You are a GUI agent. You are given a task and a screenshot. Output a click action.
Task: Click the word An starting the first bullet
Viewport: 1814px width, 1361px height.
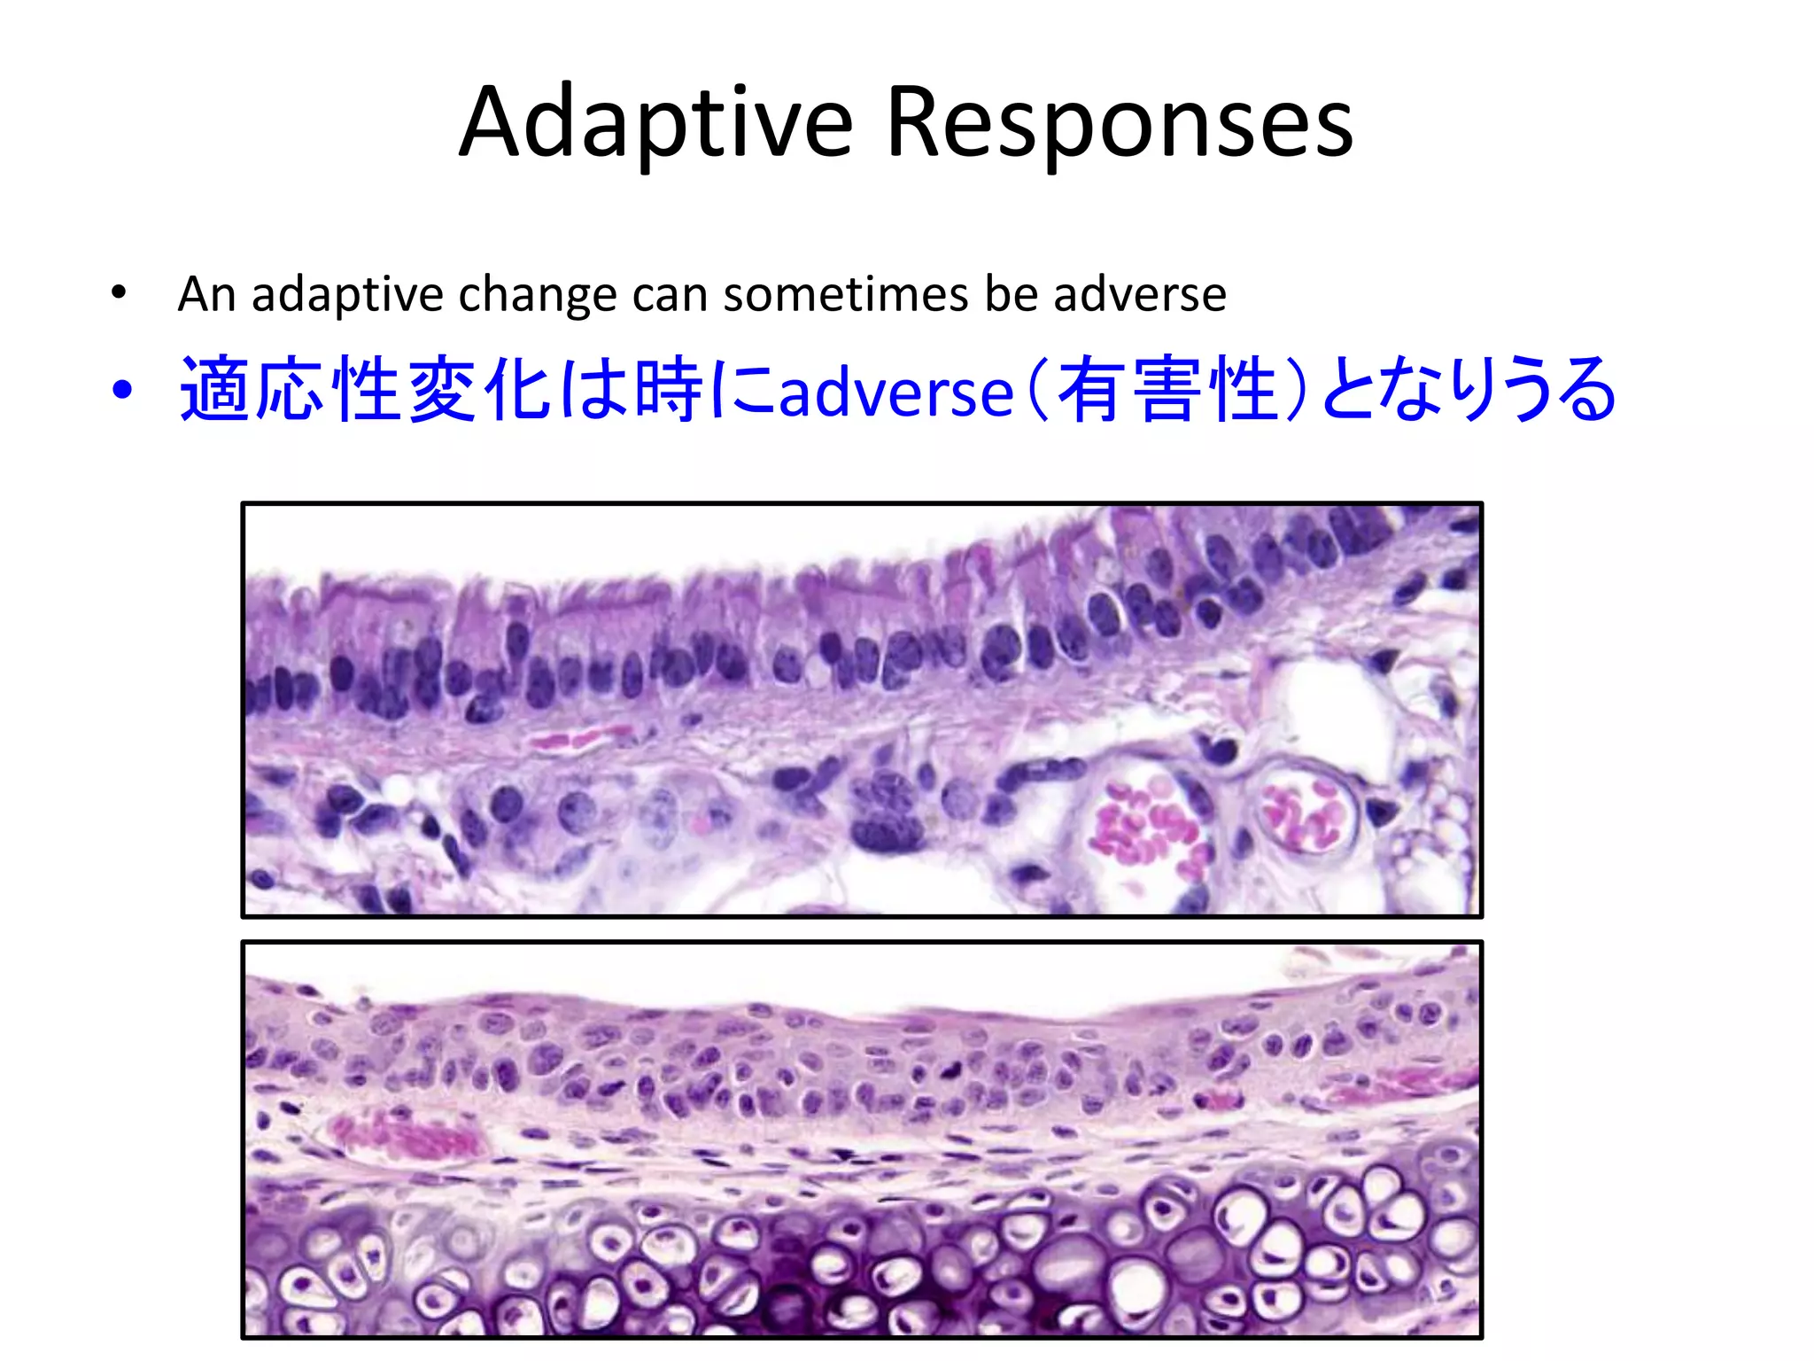point(206,294)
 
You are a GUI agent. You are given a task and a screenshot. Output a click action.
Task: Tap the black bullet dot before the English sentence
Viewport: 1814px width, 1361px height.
point(119,292)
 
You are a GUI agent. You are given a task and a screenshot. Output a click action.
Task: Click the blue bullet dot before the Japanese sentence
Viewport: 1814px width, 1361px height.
point(121,390)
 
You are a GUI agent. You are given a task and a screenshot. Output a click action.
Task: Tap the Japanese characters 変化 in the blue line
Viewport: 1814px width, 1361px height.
point(483,390)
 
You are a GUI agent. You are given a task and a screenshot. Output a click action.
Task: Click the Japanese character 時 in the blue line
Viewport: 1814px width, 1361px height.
point(670,390)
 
